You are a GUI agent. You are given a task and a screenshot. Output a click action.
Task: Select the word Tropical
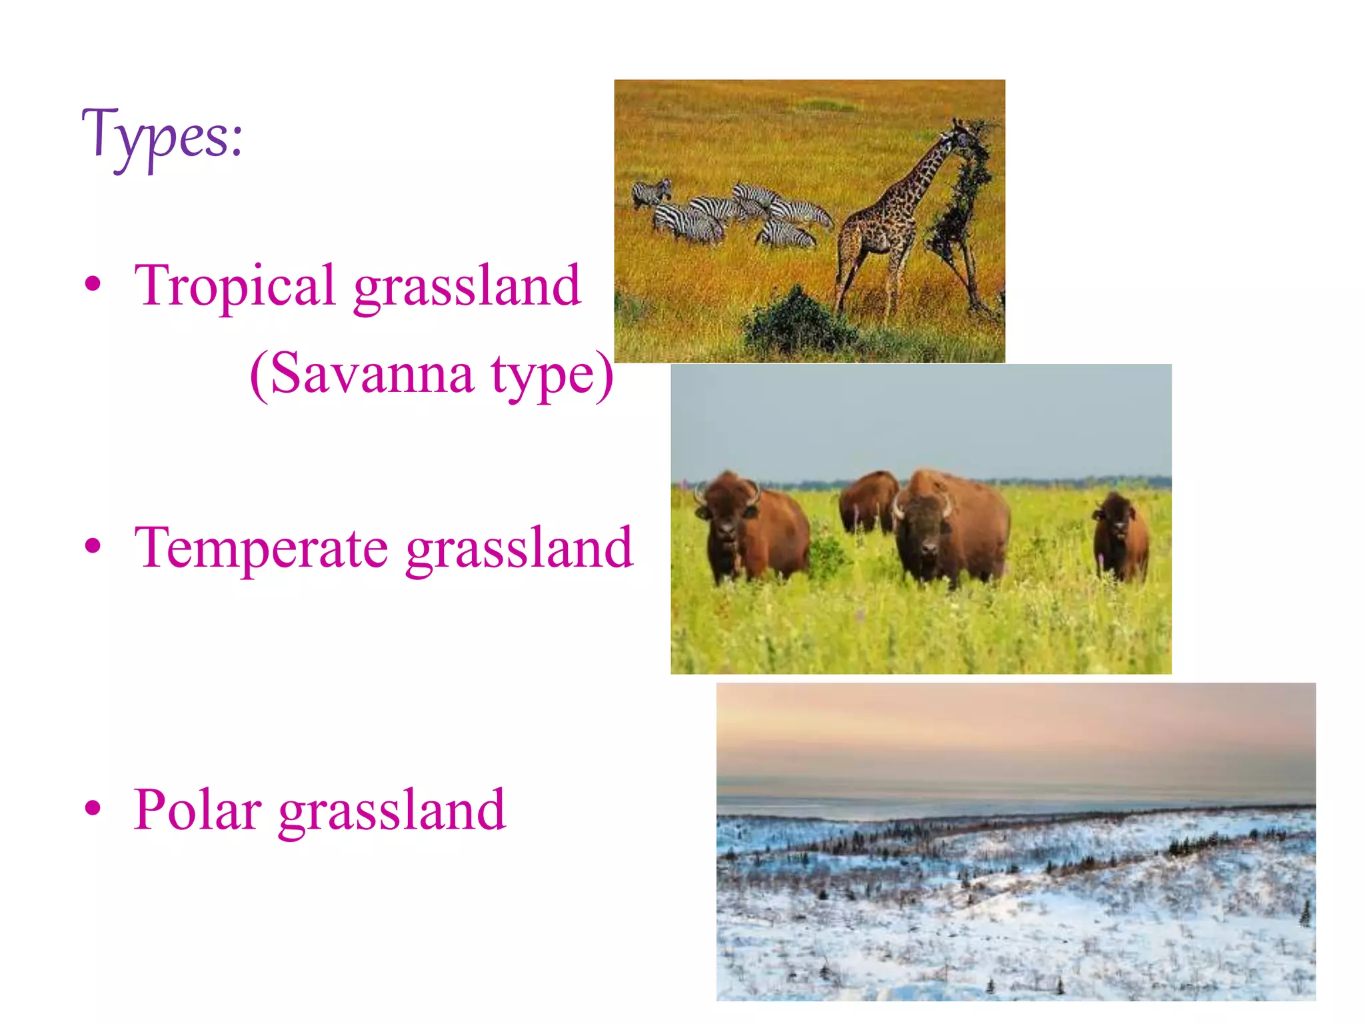coord(234,286)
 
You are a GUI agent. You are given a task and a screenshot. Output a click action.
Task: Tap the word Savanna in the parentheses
coord(372,374)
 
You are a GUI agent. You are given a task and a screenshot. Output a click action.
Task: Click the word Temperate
coord(261,549)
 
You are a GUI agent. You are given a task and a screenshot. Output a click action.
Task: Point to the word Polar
coord(197,810)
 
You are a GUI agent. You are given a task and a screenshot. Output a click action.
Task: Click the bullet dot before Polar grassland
coord(93,808)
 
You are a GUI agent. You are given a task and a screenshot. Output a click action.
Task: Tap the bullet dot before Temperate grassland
coord(93,546)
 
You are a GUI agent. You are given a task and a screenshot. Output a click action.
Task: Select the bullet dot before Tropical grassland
coord(93,284)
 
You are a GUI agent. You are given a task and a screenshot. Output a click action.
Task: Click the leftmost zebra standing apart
coord(651,193)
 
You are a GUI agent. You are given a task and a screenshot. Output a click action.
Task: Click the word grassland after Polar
coord(393,811)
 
